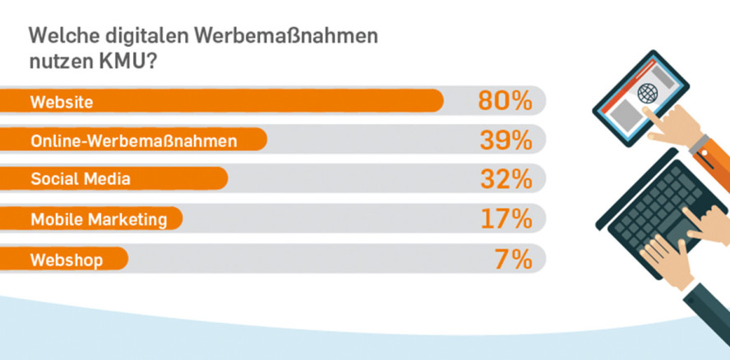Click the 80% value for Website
click(505, 101)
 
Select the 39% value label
click(505, 141)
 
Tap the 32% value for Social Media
click(505, 180)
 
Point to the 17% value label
click(505, 219)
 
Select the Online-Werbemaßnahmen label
click(133, 141)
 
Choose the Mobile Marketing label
click(99, 219)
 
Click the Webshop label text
click(67, 260)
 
